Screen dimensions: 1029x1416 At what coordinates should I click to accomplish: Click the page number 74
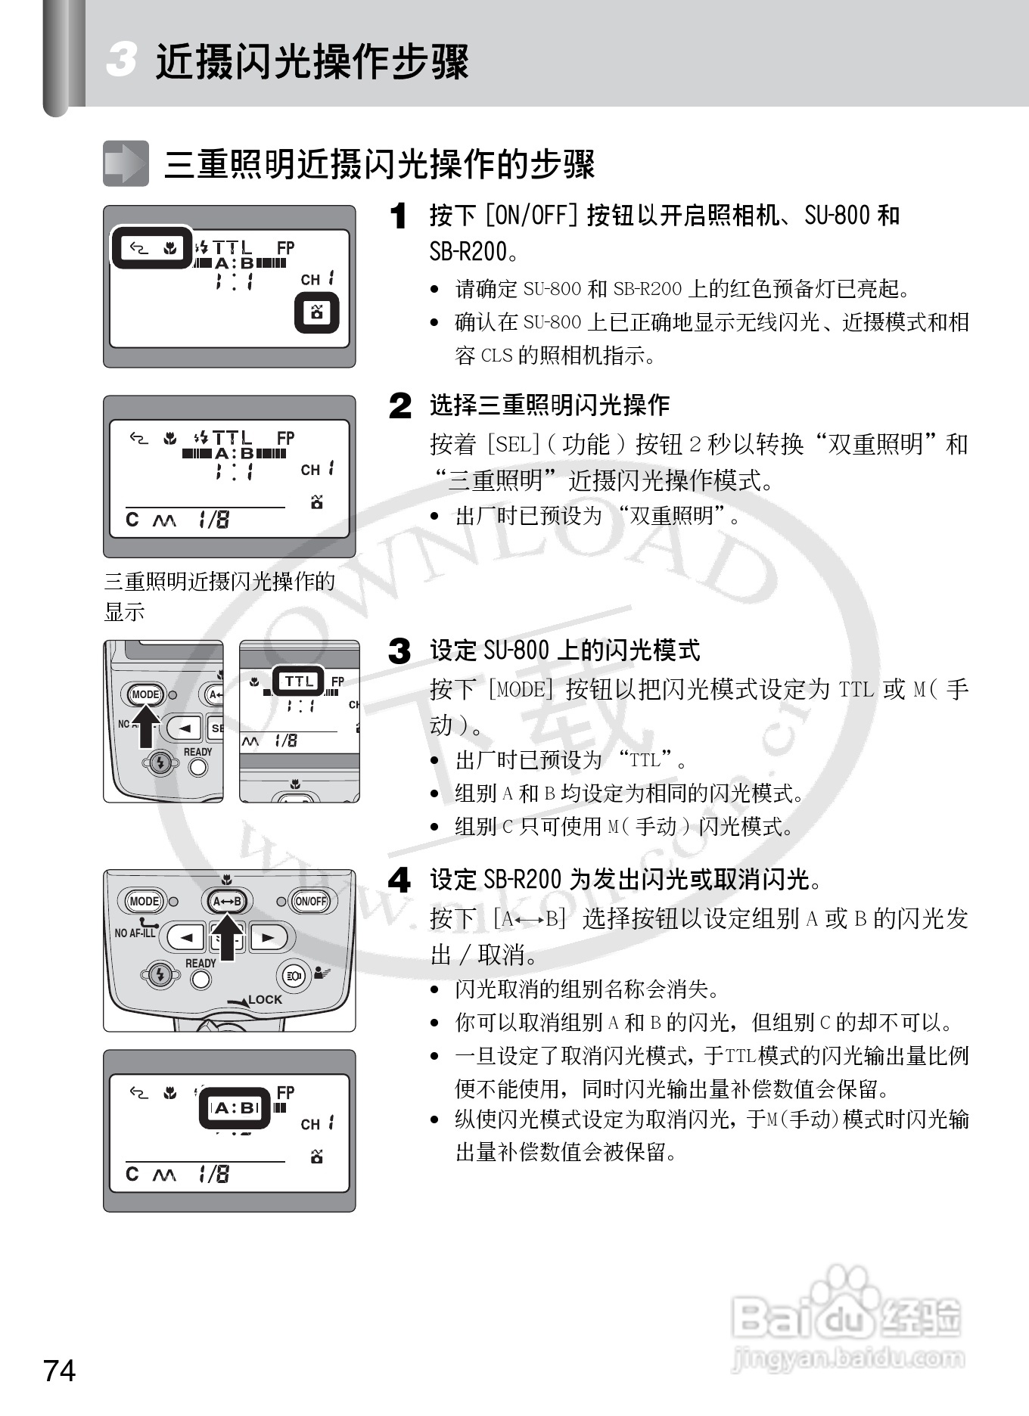pos(60,1370)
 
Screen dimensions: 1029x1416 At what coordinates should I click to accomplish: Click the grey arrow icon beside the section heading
pos(126,163)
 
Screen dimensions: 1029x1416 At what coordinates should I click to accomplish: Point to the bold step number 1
pos(399,216)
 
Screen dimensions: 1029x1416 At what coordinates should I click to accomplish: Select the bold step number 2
pos(400,405)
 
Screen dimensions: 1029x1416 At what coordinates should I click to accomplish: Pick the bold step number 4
pos(399,880)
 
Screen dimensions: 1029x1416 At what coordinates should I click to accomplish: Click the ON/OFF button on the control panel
pos(310,901)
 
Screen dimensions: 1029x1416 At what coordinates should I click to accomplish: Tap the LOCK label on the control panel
pos(265,999)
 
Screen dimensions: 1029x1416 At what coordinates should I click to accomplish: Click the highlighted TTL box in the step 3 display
pos(299,681)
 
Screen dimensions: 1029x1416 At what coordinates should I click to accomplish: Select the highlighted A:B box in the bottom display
pos(235,1108)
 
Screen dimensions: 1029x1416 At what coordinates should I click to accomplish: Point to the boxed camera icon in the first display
pos(316,312)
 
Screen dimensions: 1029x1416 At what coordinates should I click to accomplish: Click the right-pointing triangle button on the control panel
pos(268,937)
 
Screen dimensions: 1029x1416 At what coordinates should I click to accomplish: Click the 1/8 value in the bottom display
pos(213,1174)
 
